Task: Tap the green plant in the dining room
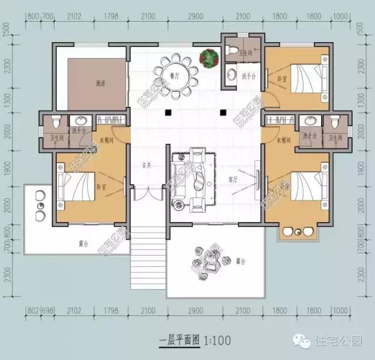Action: click(x=209, y=57)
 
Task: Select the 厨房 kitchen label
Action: click(x=84, y=83)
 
